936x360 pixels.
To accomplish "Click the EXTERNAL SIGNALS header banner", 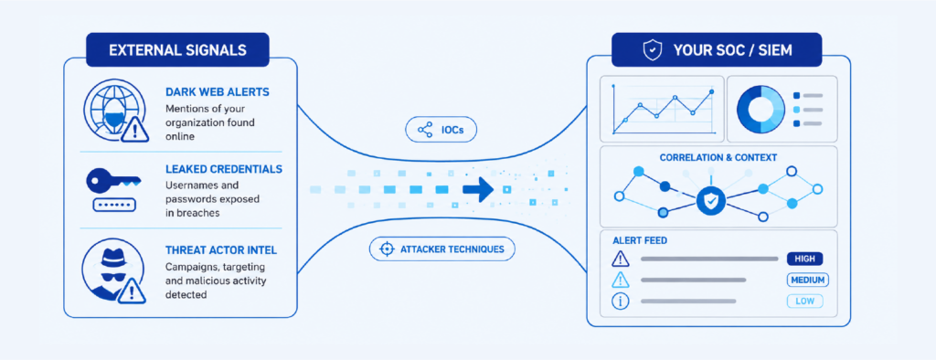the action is tap(177, 49).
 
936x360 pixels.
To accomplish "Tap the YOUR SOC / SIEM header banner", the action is tap(717, 49).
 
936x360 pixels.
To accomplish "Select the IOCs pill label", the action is tap(441, 130).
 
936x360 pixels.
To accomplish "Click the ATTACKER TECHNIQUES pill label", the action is tap(441, 249).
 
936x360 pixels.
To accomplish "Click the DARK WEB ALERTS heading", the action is tap(218, 92).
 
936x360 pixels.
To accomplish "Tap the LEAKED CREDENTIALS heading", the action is tap(224, 169).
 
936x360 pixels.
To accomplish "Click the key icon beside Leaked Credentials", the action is tap(113, 180).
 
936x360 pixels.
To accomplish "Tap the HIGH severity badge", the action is tap(804, 259).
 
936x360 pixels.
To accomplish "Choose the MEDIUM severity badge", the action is tap(808, 280).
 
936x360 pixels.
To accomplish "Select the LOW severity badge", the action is tap(804, 302).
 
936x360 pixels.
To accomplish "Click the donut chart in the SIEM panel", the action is tap(760, 110).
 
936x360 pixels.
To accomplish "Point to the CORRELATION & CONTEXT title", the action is tap(718, 157).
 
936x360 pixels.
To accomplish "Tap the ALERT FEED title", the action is tap(640, 240).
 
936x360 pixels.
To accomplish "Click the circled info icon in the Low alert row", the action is tap(621, 302).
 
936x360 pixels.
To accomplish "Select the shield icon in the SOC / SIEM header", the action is tap(652, 50).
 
